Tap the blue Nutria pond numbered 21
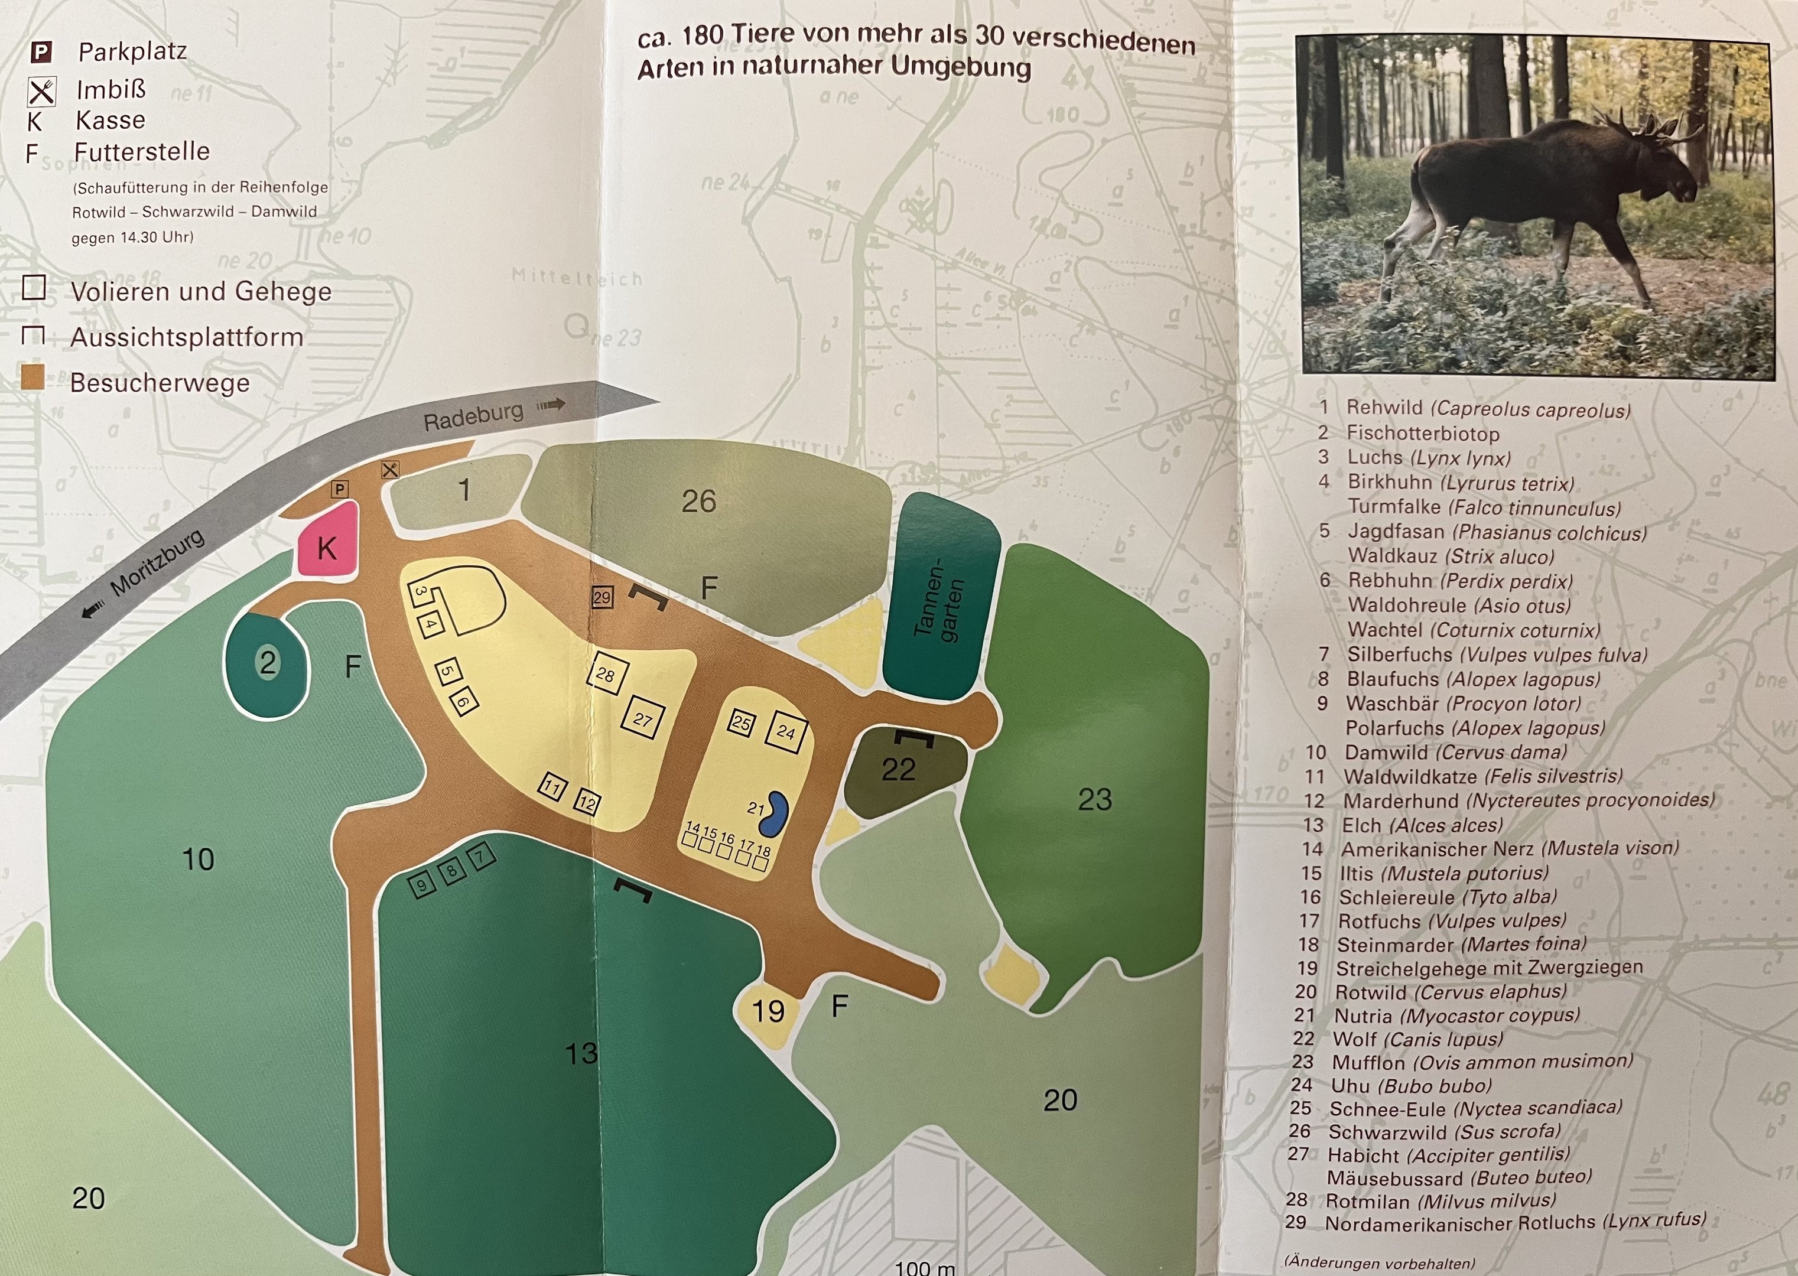pos(776,814)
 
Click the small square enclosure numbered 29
pos(602,597)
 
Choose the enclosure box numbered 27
pos(643,719)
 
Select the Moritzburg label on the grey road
pos(157,564)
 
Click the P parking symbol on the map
pos(340,489)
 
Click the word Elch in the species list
pos(1361,825)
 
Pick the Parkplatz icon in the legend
pos(41,53)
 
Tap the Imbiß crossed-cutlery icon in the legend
pos(41,91)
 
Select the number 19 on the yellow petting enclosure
pos(768,1010)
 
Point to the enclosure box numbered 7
pos(481,855)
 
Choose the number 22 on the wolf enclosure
pos(898,769)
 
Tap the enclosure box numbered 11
pos(552,786)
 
